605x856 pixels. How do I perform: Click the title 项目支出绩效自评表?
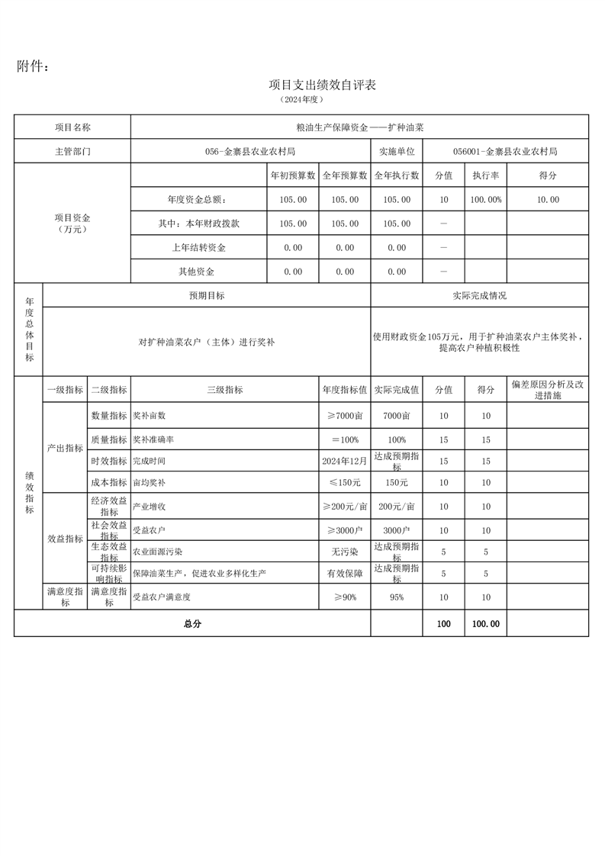coord(323,85)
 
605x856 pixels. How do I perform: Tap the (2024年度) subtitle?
coord(302,100)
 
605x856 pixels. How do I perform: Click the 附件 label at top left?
coord(33,67)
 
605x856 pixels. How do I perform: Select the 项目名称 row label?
coord(72,127)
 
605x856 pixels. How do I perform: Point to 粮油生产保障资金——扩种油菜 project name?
coord(359,127)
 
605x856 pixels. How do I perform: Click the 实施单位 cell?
coord(397,151)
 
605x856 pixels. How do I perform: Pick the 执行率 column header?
coord(486,175)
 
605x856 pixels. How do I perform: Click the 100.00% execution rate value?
coord(486,200)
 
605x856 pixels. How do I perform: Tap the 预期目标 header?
coord(207,295)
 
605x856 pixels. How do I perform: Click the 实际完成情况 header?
coord(479,295)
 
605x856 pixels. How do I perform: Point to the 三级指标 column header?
coord(224,389)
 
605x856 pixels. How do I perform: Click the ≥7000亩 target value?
coord(345,416)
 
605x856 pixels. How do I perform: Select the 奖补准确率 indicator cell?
coord(153,440)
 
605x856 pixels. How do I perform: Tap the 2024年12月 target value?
coord(345,462)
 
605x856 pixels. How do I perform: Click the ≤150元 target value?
coord(345,483)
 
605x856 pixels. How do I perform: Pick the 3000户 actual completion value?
coord(397,530)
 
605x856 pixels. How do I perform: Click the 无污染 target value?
coord(345,551)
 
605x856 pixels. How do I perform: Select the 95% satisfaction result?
coord(397,597)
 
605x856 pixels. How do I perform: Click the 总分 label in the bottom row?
coord(192,623)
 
